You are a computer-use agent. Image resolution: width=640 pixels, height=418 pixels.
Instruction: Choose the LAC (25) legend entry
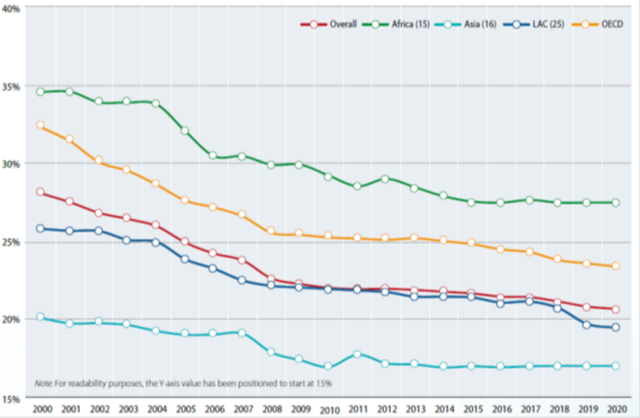542,23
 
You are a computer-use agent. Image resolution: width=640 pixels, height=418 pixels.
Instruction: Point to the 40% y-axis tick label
15,8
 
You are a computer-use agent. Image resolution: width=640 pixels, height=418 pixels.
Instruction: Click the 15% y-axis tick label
15,398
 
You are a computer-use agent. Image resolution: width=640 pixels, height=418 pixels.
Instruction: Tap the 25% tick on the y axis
15,242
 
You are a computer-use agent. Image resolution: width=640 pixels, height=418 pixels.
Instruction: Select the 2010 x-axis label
328,409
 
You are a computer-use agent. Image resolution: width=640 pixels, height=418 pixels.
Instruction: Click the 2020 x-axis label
616,409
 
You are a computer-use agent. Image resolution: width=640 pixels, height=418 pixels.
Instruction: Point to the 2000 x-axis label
41,409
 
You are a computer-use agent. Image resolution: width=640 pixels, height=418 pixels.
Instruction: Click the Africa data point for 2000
40,92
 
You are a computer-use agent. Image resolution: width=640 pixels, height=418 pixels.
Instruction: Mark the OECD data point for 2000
40,125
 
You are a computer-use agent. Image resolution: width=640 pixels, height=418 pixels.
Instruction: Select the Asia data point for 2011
356,354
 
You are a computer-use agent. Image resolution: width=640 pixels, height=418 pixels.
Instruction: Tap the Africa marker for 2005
184,130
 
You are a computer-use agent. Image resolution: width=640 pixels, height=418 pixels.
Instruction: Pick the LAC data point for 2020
616,327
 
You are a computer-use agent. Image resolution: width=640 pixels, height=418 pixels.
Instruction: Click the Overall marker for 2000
40,192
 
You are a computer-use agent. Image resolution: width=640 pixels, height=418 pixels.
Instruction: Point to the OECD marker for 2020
616,266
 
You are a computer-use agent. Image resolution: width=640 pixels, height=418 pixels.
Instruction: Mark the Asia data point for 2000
40,317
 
